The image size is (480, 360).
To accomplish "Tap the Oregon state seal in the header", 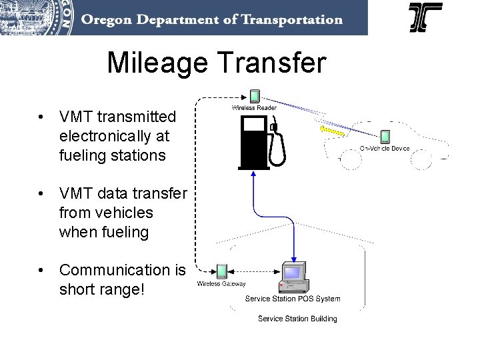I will point(37,17).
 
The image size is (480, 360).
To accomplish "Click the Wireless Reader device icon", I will point(254,97).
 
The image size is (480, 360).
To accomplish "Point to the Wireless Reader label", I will point(254,107).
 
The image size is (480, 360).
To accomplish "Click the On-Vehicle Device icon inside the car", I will point(385,137).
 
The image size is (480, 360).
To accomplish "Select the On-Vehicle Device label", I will point(385,148).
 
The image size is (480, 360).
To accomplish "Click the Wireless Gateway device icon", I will point(221,271).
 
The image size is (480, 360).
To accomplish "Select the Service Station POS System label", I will point(292,299).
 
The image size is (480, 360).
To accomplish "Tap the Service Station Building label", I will point(297,319).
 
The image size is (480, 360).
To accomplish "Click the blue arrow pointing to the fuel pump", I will point(253,177).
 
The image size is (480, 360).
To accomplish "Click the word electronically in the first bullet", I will point(114,137).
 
